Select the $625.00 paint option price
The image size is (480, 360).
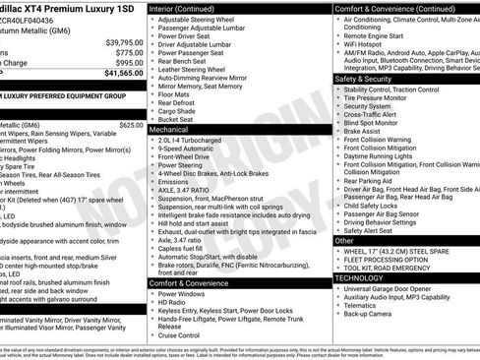click(131, 125)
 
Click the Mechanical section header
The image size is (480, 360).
click(169, 129)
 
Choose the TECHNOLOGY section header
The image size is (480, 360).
click(359, 277)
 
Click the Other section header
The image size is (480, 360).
click(344, 240)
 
